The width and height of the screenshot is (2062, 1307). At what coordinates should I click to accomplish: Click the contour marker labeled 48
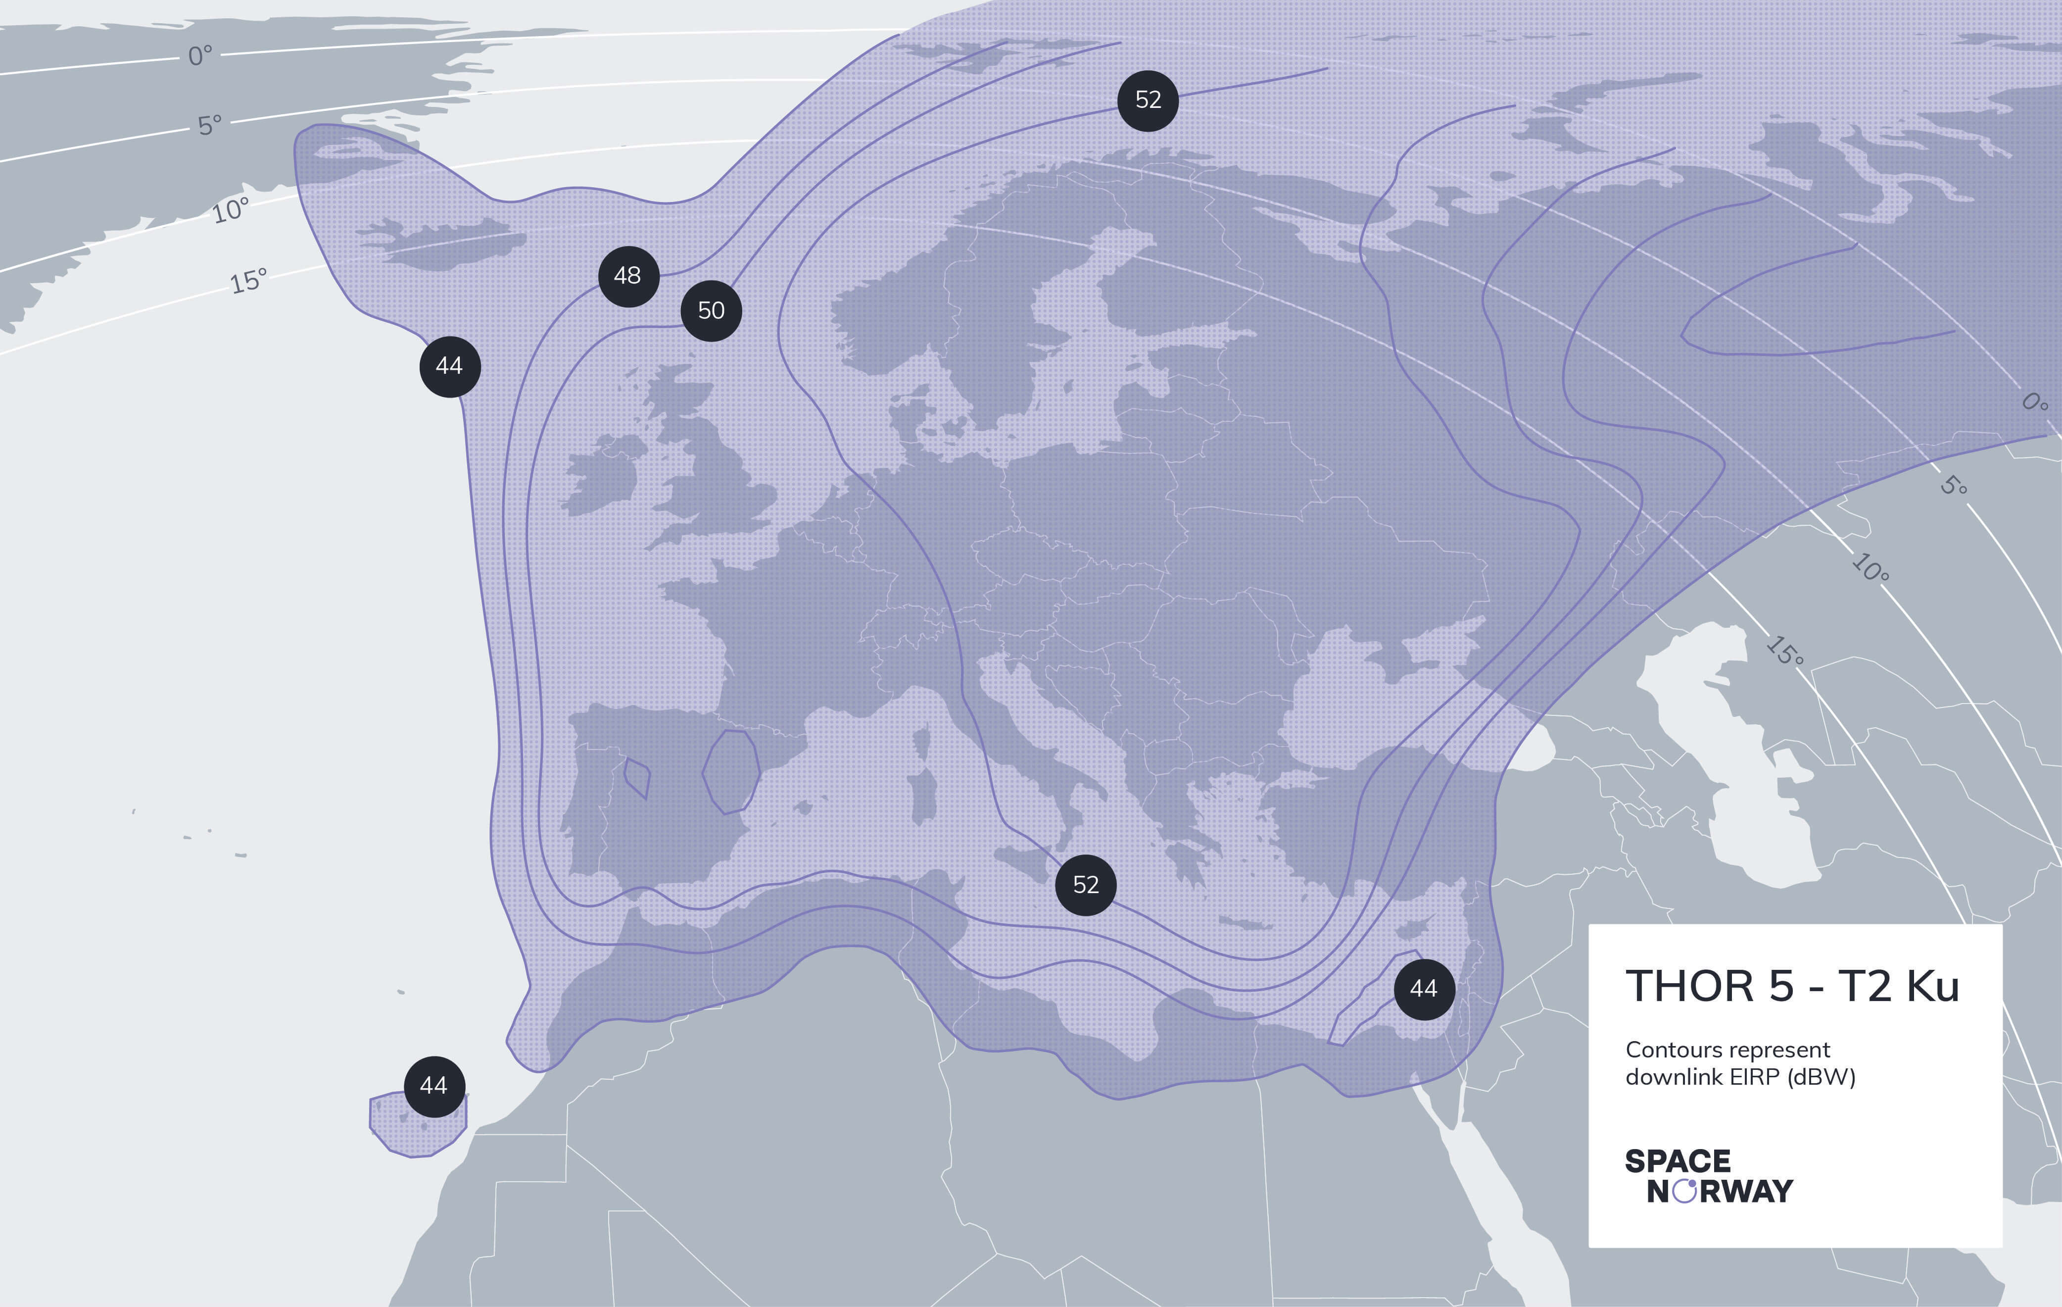(627, 276)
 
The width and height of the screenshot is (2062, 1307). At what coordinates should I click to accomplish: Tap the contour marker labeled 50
(711, 311)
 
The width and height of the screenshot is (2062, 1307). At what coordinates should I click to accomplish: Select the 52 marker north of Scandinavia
(1148, 100)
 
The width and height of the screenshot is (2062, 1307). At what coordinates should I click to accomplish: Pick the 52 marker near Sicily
(1085, 885)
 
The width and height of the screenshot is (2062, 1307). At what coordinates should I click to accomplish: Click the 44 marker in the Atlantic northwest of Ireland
(450, 366)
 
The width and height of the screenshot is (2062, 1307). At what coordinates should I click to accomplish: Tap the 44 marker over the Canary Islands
(434, 1086)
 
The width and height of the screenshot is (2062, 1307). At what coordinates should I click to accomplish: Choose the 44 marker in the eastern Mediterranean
(1423, 989)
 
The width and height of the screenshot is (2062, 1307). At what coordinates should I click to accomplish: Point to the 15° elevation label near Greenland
(248, 281)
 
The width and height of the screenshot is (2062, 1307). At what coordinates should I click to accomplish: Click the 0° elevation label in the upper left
(199, 55)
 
